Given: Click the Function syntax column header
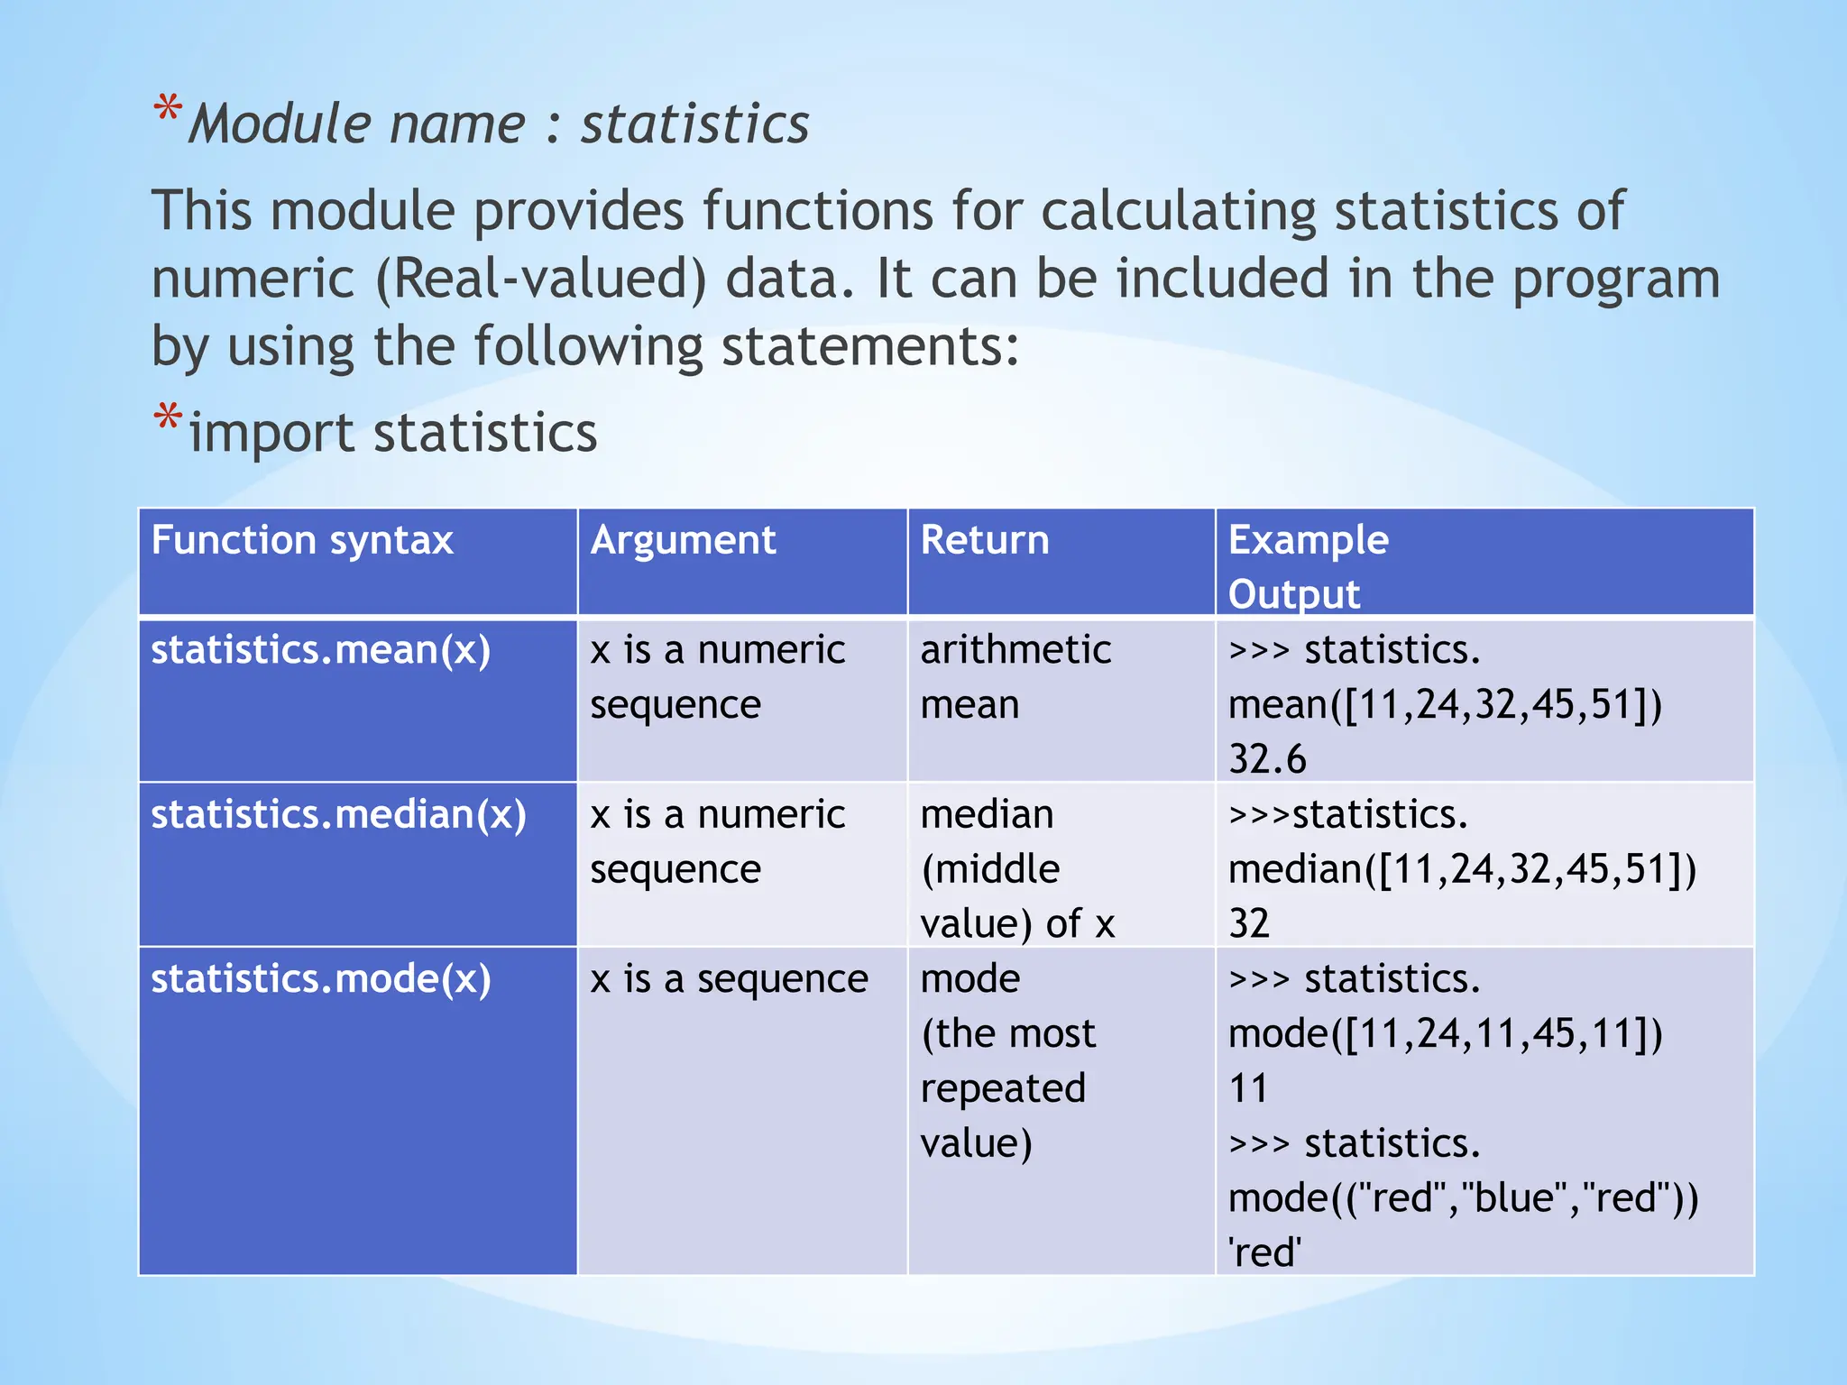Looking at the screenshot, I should coord(302,541).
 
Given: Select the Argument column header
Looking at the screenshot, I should coord(683,541).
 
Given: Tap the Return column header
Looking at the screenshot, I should coord(985,541).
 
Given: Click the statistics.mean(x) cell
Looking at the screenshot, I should coord(321,650).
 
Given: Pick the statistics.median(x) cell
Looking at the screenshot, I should coord(338,815).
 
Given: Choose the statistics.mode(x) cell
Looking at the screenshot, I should coord(321,979).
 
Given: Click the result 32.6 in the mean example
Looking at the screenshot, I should coord(1267,759).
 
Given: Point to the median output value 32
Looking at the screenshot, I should coord(1249,924).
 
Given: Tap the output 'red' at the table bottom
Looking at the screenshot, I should coord(1264,1253).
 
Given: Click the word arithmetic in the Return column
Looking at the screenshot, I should coord(1015,650).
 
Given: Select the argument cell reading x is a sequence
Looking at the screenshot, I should coord(729,979).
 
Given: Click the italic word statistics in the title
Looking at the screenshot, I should coord(694,124).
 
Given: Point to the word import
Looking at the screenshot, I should coord(271,434).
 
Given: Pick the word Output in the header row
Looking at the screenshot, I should coord(1293,595).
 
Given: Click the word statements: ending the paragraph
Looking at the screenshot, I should coord(870,347).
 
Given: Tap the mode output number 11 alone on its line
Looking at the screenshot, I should coord(1248,1088).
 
